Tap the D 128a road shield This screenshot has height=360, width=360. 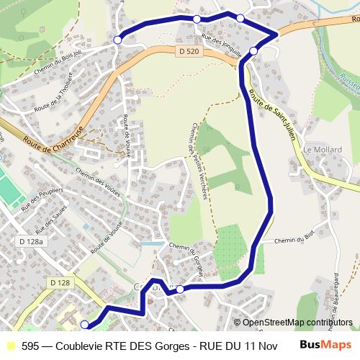tap(30, 241)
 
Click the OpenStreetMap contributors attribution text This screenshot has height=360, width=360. tap(297, 323)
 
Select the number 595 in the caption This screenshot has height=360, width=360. tap(30, 346)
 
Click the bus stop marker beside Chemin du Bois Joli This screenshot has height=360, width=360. tap(118, 40)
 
